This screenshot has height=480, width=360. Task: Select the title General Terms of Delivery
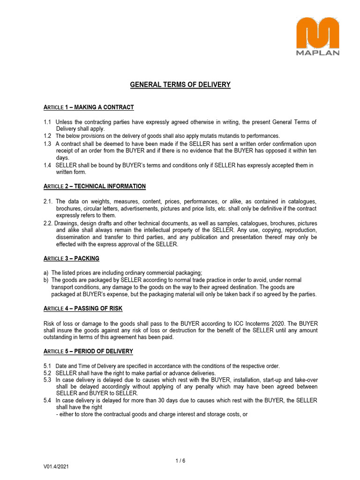click(x=180, y=85)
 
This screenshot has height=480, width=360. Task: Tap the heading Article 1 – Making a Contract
click(x=89, y=107)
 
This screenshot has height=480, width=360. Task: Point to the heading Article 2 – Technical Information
click(x=94, y=186)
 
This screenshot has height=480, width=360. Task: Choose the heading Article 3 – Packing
click(x=71, y=258)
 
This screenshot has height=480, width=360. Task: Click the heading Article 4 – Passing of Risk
click(x=83, y=308)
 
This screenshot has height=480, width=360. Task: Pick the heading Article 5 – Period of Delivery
click(x=88, y=351)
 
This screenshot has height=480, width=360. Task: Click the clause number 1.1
click(x=47, y=122)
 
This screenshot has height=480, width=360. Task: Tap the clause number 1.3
click(x=47, y=143)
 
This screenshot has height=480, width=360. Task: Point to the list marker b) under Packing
click(x=46, y=280)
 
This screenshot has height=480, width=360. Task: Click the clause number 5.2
click(x=47, y=373)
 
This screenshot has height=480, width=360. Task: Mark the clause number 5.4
click(x=47, y=400)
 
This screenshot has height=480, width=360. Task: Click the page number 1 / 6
click(x=180, y=460)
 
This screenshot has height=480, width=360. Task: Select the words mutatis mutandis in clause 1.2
click(x=204, y=135)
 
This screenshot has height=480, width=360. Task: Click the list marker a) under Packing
click(x=46, y=273)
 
